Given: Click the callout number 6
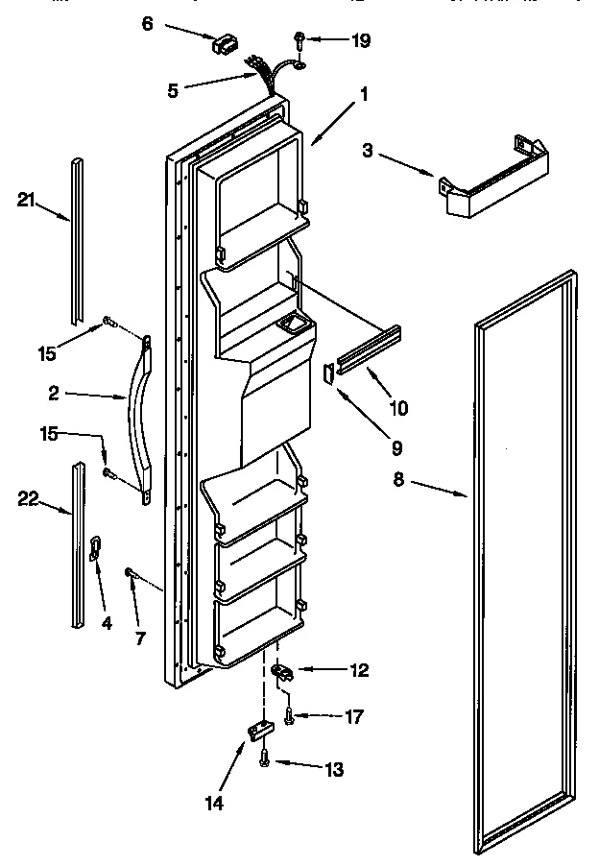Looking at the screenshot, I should point(147,24).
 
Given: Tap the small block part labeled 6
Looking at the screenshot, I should point(227,43).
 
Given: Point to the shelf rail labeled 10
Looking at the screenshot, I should point(369,348).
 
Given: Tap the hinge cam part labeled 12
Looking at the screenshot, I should point(282,671).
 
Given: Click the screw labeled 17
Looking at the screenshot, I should point(289,714).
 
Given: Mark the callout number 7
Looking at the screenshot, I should point(140,637).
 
